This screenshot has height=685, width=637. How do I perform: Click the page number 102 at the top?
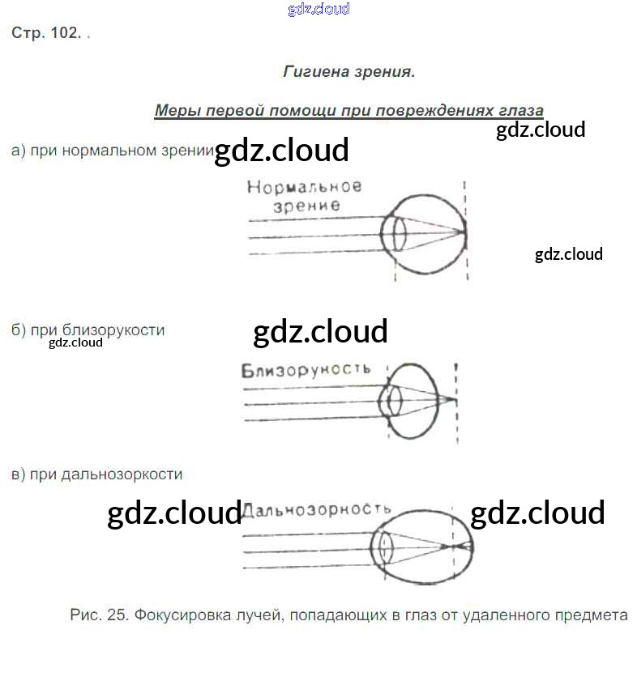63,33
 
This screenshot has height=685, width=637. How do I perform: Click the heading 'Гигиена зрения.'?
348,72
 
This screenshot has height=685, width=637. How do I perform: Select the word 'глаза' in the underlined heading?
522,110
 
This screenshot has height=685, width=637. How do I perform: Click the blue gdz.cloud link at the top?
318,9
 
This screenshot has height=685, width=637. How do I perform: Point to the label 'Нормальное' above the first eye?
304,187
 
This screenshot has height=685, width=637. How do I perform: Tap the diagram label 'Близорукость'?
306,370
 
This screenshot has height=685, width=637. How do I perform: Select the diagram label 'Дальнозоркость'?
317,509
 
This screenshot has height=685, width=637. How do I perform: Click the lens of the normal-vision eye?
398,234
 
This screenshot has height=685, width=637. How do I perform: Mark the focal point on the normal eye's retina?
464,233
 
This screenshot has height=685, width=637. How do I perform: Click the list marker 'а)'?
19,151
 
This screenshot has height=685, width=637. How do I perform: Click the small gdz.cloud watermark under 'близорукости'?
75,342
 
